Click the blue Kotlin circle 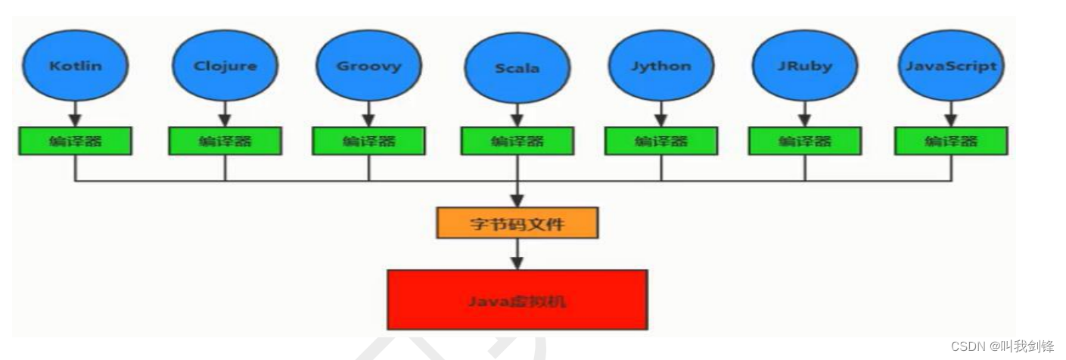point(75,66)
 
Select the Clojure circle point(225,66)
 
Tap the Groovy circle point(368,66)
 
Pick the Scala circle point(517,68)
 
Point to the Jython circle point(660,66)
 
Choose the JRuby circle point(804,66)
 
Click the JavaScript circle point(951,66)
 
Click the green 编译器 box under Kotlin point(75,141)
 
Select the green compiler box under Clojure point(225,141)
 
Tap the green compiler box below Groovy point(368,141)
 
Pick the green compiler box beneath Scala point(517,141)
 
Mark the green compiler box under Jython point(660,141)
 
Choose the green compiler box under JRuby point(804,141)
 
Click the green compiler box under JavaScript point(951,141)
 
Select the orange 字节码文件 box point(517,223)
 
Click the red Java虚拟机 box point(517,300)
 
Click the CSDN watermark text point(1002,346)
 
